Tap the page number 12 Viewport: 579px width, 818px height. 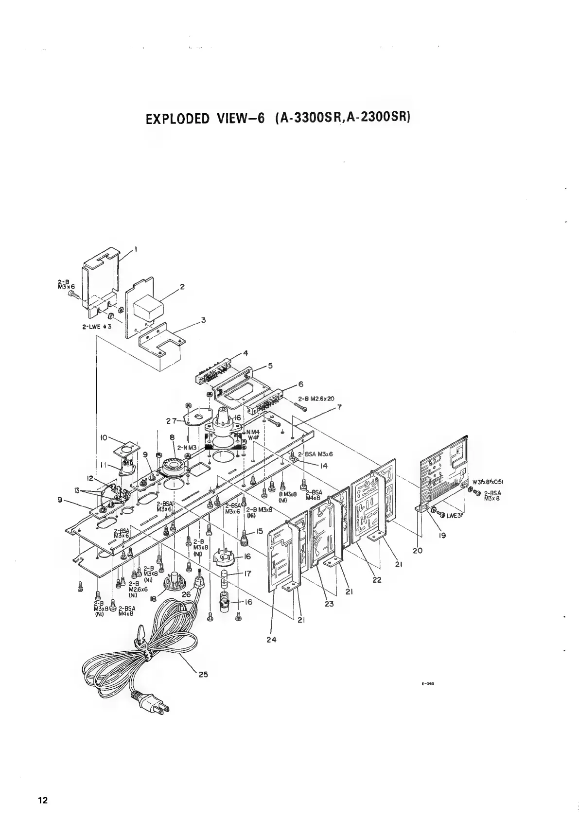pyautogui.click(x=43, y=801)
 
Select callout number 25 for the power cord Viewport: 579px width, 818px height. pyautogui.click(x=203, y=675)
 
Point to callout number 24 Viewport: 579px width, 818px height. pyautogui.click(x=271, y=640)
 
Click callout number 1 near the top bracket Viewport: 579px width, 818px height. pyautogui.click(x=136, y=248)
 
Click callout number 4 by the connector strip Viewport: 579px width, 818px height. pyautogui.click(x=246, y=353)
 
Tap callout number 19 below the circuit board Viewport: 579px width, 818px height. pyautogui.click(x=442, y=536)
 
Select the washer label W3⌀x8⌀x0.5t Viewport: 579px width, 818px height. pyautogui.click(x=488, y=483)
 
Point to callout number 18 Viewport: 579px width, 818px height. pyautogui.click(x=154, y=599)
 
